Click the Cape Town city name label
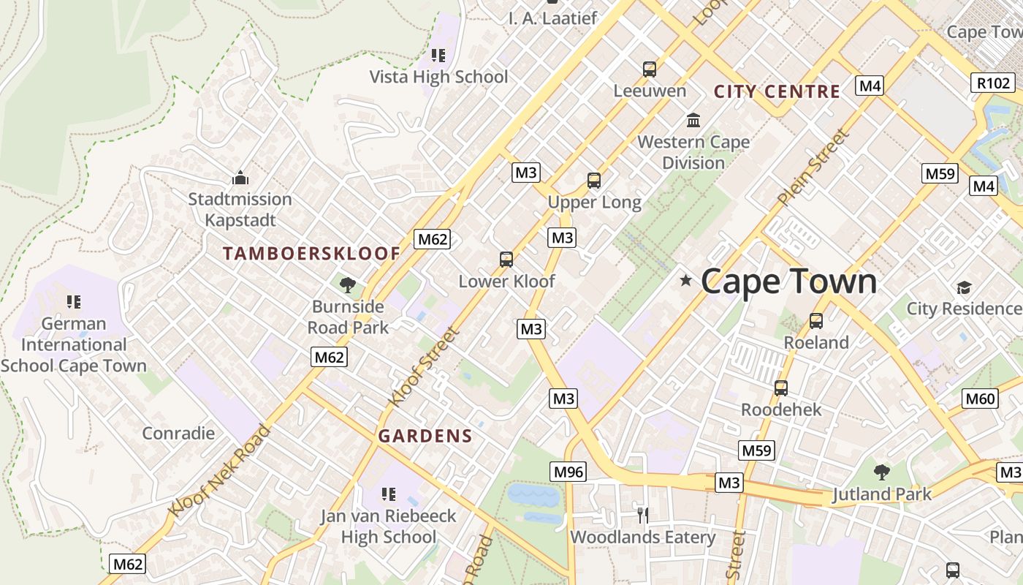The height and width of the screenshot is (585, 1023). (x=789, y=282)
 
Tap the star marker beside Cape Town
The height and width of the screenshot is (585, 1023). (x=685, y=280)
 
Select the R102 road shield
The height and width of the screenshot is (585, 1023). (x=993, y=83)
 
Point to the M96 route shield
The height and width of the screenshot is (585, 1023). (x=568, y=472)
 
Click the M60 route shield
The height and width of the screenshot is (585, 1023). (x=980, y=399)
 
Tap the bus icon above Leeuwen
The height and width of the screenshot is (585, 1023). (x=650, y=69)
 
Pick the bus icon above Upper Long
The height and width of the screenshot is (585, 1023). (x=594, y=181)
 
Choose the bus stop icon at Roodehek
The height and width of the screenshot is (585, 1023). (x=781, y=388)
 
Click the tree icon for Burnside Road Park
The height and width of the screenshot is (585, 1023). (x=348, y=284)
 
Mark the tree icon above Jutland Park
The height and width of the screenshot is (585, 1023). (x=882, y=472)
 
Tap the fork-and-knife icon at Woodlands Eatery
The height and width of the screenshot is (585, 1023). (x=643, y=516)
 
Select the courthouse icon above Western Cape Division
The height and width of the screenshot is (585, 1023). (x=693, y=120)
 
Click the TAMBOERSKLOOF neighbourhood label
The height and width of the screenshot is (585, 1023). (x=312, y=254)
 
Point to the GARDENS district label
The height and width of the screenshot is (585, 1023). (x=425, y=437)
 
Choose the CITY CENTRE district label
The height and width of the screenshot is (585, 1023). (x=777, y=91)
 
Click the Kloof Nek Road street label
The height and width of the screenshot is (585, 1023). (x=219, y=470)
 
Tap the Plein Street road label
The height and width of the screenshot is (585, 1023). (x=815, y=167)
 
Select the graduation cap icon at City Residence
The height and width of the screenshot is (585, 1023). (x=964, y=287)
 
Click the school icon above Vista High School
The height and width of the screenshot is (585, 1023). (x=438, y=55)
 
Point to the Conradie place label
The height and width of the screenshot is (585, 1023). (x=178, y=433)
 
